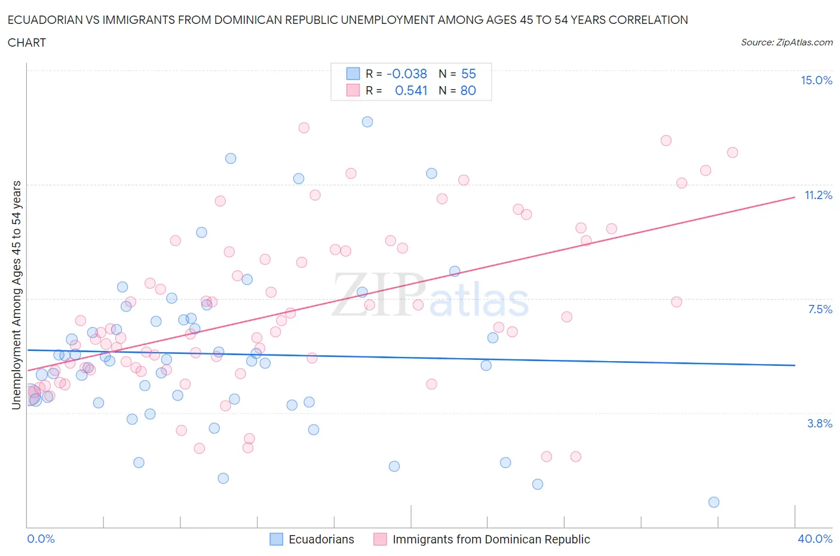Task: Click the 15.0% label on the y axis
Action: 816,81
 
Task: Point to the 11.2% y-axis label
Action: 818,195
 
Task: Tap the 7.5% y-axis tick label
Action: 820,309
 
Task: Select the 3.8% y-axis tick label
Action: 820,423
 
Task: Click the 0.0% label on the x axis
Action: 41,539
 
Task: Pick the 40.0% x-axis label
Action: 815,539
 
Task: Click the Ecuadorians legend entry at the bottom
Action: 321,539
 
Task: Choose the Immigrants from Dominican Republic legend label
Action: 490,539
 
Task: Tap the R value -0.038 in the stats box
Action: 407,74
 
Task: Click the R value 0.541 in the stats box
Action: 411,90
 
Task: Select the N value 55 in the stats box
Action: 468,74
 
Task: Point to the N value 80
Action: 468,90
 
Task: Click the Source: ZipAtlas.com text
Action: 786,42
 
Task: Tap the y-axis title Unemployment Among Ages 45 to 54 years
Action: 17,295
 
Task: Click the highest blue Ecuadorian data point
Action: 367,122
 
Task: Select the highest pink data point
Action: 303,127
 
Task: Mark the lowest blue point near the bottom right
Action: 713,502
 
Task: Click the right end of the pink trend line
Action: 795,197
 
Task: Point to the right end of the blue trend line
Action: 795,365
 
